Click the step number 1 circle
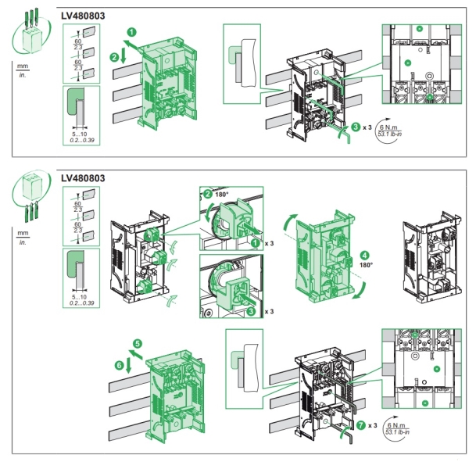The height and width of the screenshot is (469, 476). [x=132, y=31]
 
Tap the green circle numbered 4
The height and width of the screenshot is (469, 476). [x=365, y=254]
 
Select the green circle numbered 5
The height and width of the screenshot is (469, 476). [x=138, y=342]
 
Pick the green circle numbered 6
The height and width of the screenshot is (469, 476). [x=120, y=364]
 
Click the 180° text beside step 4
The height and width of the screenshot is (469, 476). [x=366, y=266]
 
